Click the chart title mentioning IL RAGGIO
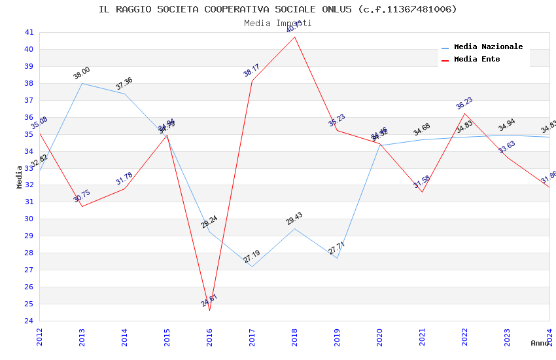278,9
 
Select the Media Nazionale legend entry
488,47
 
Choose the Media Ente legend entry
477,60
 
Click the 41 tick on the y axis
29,32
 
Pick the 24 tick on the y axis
29,321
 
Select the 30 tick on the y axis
29,219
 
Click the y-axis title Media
20,177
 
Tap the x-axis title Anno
540,343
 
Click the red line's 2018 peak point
295,37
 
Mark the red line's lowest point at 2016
210,310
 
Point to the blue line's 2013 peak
82,83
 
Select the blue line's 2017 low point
252,266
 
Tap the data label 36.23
464,103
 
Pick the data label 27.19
252,257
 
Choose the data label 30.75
82,196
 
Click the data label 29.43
294,219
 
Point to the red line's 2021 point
423,192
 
